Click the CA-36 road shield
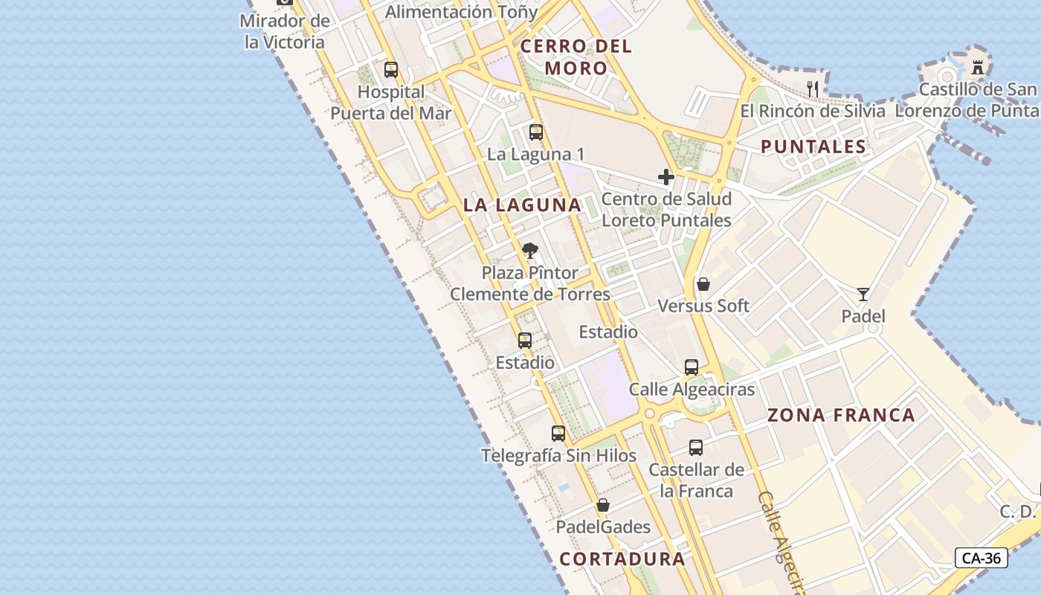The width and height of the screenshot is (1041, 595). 982,558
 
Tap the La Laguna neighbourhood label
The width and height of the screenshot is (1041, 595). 522,205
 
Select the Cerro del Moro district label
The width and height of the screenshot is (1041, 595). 576,57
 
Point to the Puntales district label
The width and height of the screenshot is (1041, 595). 813,147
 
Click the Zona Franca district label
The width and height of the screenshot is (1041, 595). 841,415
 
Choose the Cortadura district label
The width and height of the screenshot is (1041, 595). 622,559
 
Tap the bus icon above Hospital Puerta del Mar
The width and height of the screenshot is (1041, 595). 391,70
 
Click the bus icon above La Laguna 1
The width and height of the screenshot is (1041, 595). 536,132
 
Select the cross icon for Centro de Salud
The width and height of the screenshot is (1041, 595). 666,177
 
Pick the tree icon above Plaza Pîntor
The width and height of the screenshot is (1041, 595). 530,251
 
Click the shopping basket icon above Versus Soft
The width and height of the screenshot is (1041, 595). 703,284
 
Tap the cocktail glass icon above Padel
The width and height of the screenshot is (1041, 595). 863,295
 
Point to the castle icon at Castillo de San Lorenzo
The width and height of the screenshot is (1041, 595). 978,67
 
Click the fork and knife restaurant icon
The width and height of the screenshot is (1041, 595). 813,89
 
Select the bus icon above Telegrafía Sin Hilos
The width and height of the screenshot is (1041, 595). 558,433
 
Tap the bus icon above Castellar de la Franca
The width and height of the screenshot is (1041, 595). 696,447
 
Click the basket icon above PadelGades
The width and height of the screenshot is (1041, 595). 603,505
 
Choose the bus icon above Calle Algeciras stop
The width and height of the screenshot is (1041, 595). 692,367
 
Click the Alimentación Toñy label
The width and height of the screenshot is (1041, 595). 461,12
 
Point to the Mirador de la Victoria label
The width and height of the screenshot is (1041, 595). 285,31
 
